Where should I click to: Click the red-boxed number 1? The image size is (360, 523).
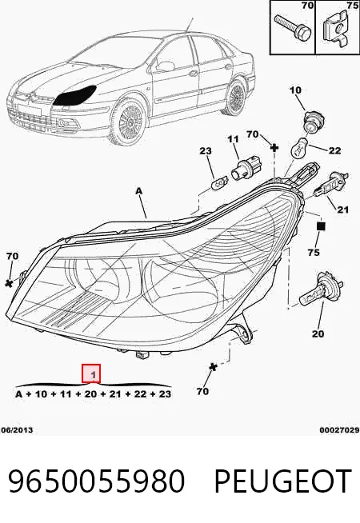click(91, 373)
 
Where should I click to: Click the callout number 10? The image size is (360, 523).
click(295, 90)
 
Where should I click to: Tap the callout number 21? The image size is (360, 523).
click(342, 210)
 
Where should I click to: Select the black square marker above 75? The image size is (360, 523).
click(321, 226)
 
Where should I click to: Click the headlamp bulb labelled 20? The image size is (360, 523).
click(321, 289)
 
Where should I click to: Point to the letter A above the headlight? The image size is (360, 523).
click(138, 191)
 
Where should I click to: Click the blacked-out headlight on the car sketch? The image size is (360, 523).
click(76, 95)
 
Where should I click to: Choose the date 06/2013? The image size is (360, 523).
click(17, 430)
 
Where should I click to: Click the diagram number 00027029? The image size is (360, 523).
click(339, 430)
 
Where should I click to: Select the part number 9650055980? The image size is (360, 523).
click(96, 481)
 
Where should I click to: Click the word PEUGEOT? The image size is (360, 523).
click(283, 481)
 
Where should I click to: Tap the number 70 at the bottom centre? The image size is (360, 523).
click(202, 391)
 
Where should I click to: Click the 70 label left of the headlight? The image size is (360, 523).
click(12, 256)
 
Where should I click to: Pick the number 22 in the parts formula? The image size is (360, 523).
click(140, 394)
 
